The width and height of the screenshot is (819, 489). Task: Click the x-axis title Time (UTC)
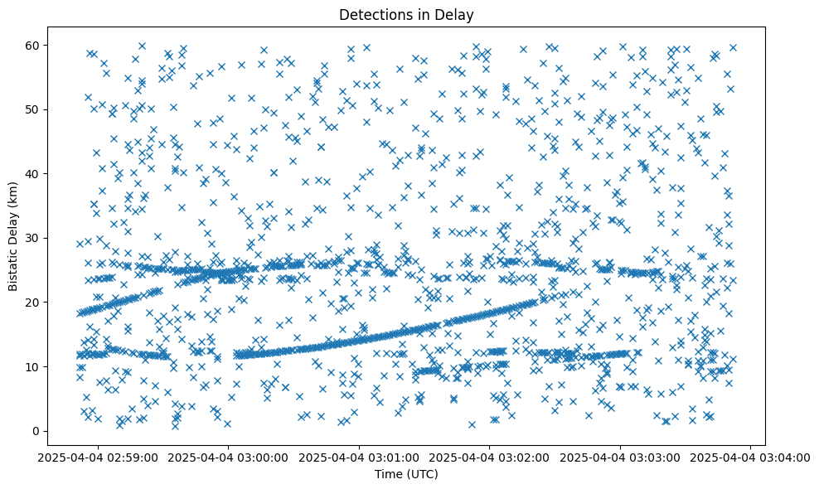(x=407, y=475)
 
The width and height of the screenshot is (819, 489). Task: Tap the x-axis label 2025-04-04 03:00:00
(x=230, y=458)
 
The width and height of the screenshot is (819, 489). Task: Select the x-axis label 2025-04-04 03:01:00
(x=360, y=458)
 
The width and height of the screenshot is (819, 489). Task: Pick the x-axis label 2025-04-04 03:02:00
(x=490, y=458)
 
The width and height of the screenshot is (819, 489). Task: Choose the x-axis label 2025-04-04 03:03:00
(x=620, y=458)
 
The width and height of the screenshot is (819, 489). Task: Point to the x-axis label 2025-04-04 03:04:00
(x=750, y=458)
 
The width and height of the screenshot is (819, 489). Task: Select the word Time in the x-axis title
(x=390, y=475)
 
